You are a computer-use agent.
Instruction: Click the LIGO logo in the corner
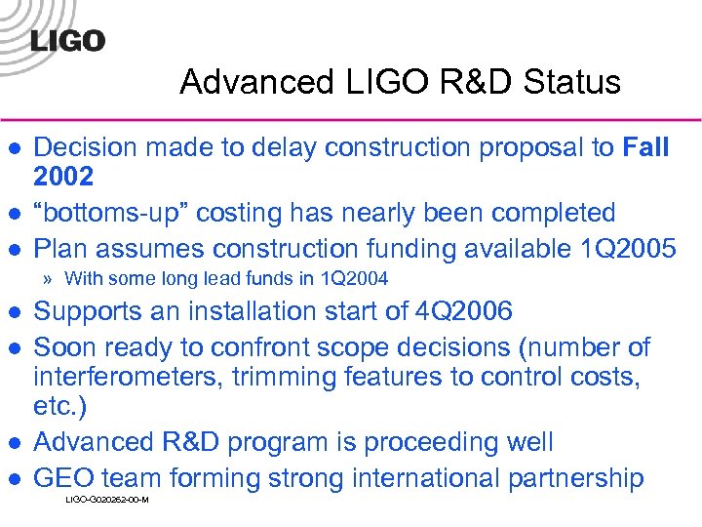67,40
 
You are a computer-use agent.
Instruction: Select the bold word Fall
645,147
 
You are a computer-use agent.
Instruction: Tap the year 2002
64,177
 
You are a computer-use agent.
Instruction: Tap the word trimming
281,378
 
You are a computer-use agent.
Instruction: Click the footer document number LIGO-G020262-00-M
106,500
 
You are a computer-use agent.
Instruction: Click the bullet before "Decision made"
14,148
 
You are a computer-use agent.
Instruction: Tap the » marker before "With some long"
48,280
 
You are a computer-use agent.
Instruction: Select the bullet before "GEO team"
14,479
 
